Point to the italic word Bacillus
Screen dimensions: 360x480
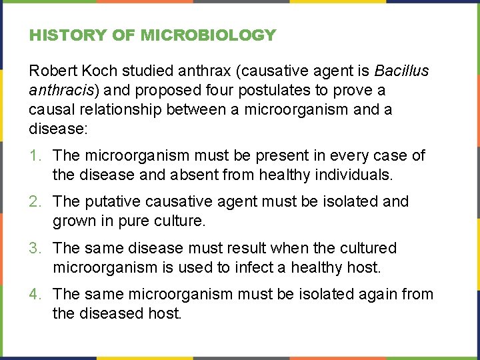tap(402, 71)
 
